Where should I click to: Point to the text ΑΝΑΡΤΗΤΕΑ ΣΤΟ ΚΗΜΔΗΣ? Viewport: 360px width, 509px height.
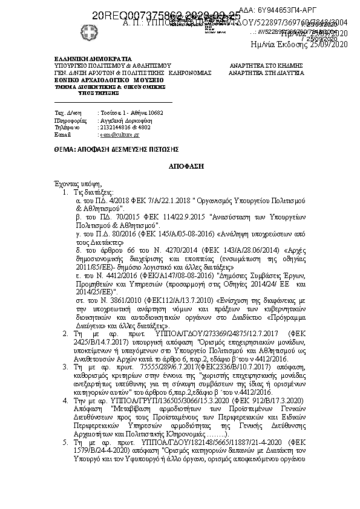click(x=266, y=65)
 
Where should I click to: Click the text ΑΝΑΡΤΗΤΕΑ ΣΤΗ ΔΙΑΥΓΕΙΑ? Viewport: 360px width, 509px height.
click(x=266, y=71)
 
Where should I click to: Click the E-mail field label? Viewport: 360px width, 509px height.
click(x=62, y=135)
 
